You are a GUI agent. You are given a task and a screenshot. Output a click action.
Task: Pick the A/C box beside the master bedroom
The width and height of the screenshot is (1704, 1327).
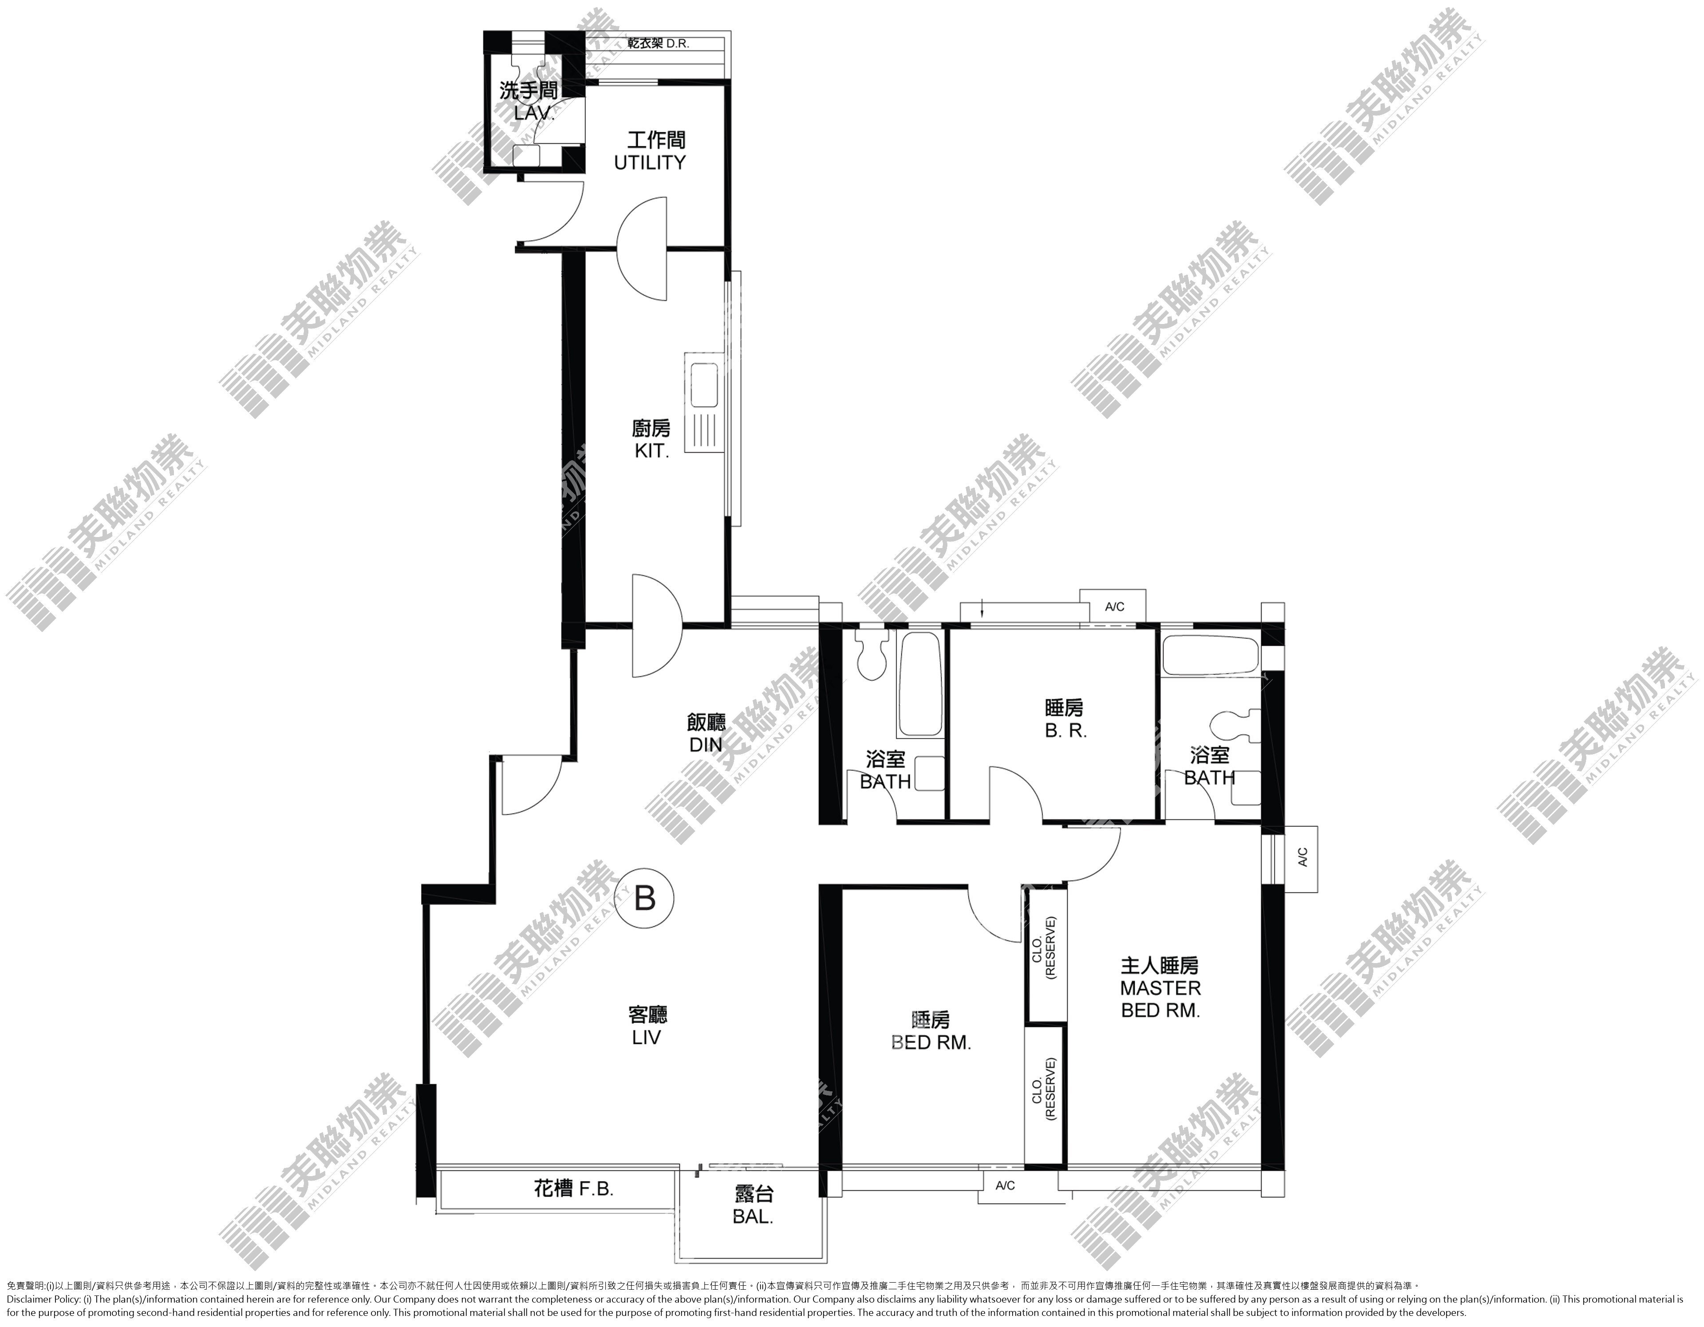1302,859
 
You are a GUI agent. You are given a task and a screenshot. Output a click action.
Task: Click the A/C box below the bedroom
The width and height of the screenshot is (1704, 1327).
1005,1186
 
